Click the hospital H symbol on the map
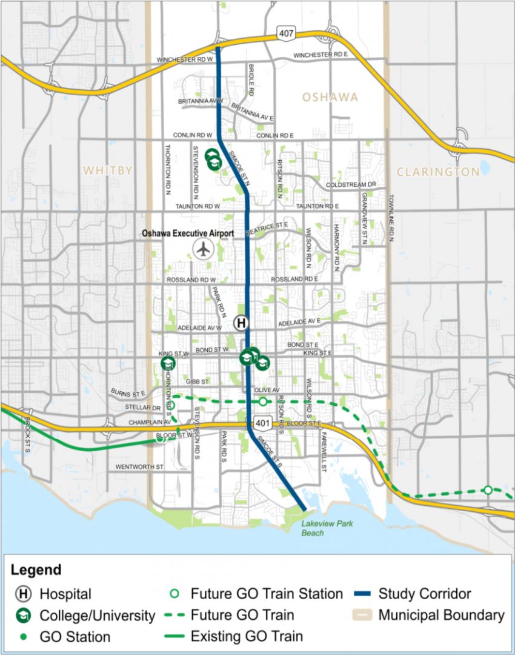click(241, 323)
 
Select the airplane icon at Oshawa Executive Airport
click(203, 248)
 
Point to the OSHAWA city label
click(330, 98)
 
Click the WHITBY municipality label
click(108, 170)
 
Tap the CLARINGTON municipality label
click(437, 172)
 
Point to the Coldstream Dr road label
click(351, 184)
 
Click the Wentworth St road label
click(139, 467)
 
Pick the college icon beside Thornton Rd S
click(168, 363)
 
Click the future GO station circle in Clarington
click(488, 489)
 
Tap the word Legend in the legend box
click(37, 569)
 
